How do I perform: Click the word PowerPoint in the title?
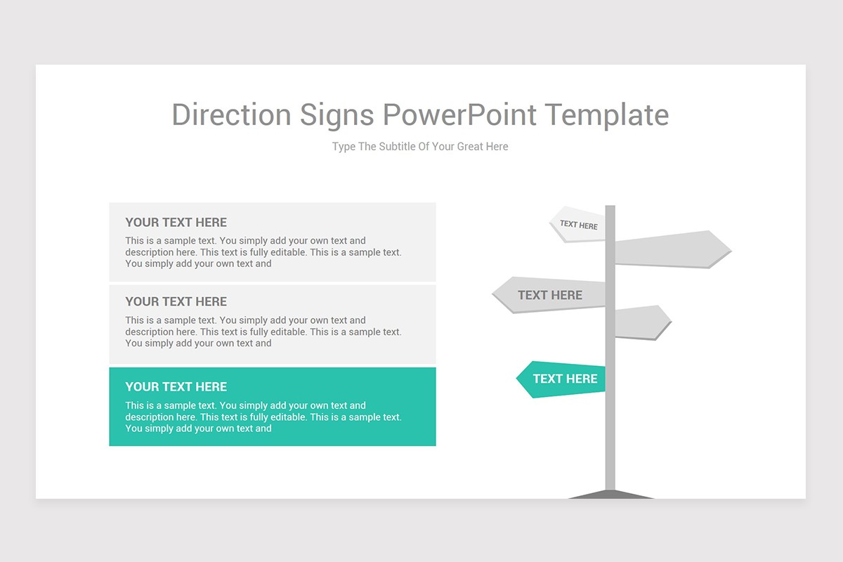pyautogui.click(x=459, y=115)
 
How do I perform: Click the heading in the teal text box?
pyautogui.click(x=176, y=386)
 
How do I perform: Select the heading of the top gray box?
pyautogui.click(x=176, y=222)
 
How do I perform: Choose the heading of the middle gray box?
pyautogui.click(x=176, y=301)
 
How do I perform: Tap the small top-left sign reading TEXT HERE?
pyautogui.click(x=578, y=225)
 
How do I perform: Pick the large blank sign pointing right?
pyautogui.click(x=671, y=249)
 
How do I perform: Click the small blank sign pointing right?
pyautogui.click(x=641, y=322)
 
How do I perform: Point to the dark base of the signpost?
pyautogui.click(x=610, y=495)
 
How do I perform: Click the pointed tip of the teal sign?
pyautogui.click(x=518, y=379)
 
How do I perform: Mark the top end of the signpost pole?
pyautogui.click(x=610, y=208)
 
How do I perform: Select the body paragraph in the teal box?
pyautogui.click(x=263, y=417)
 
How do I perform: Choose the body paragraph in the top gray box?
pyautogui.click(x=263, y=252)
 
